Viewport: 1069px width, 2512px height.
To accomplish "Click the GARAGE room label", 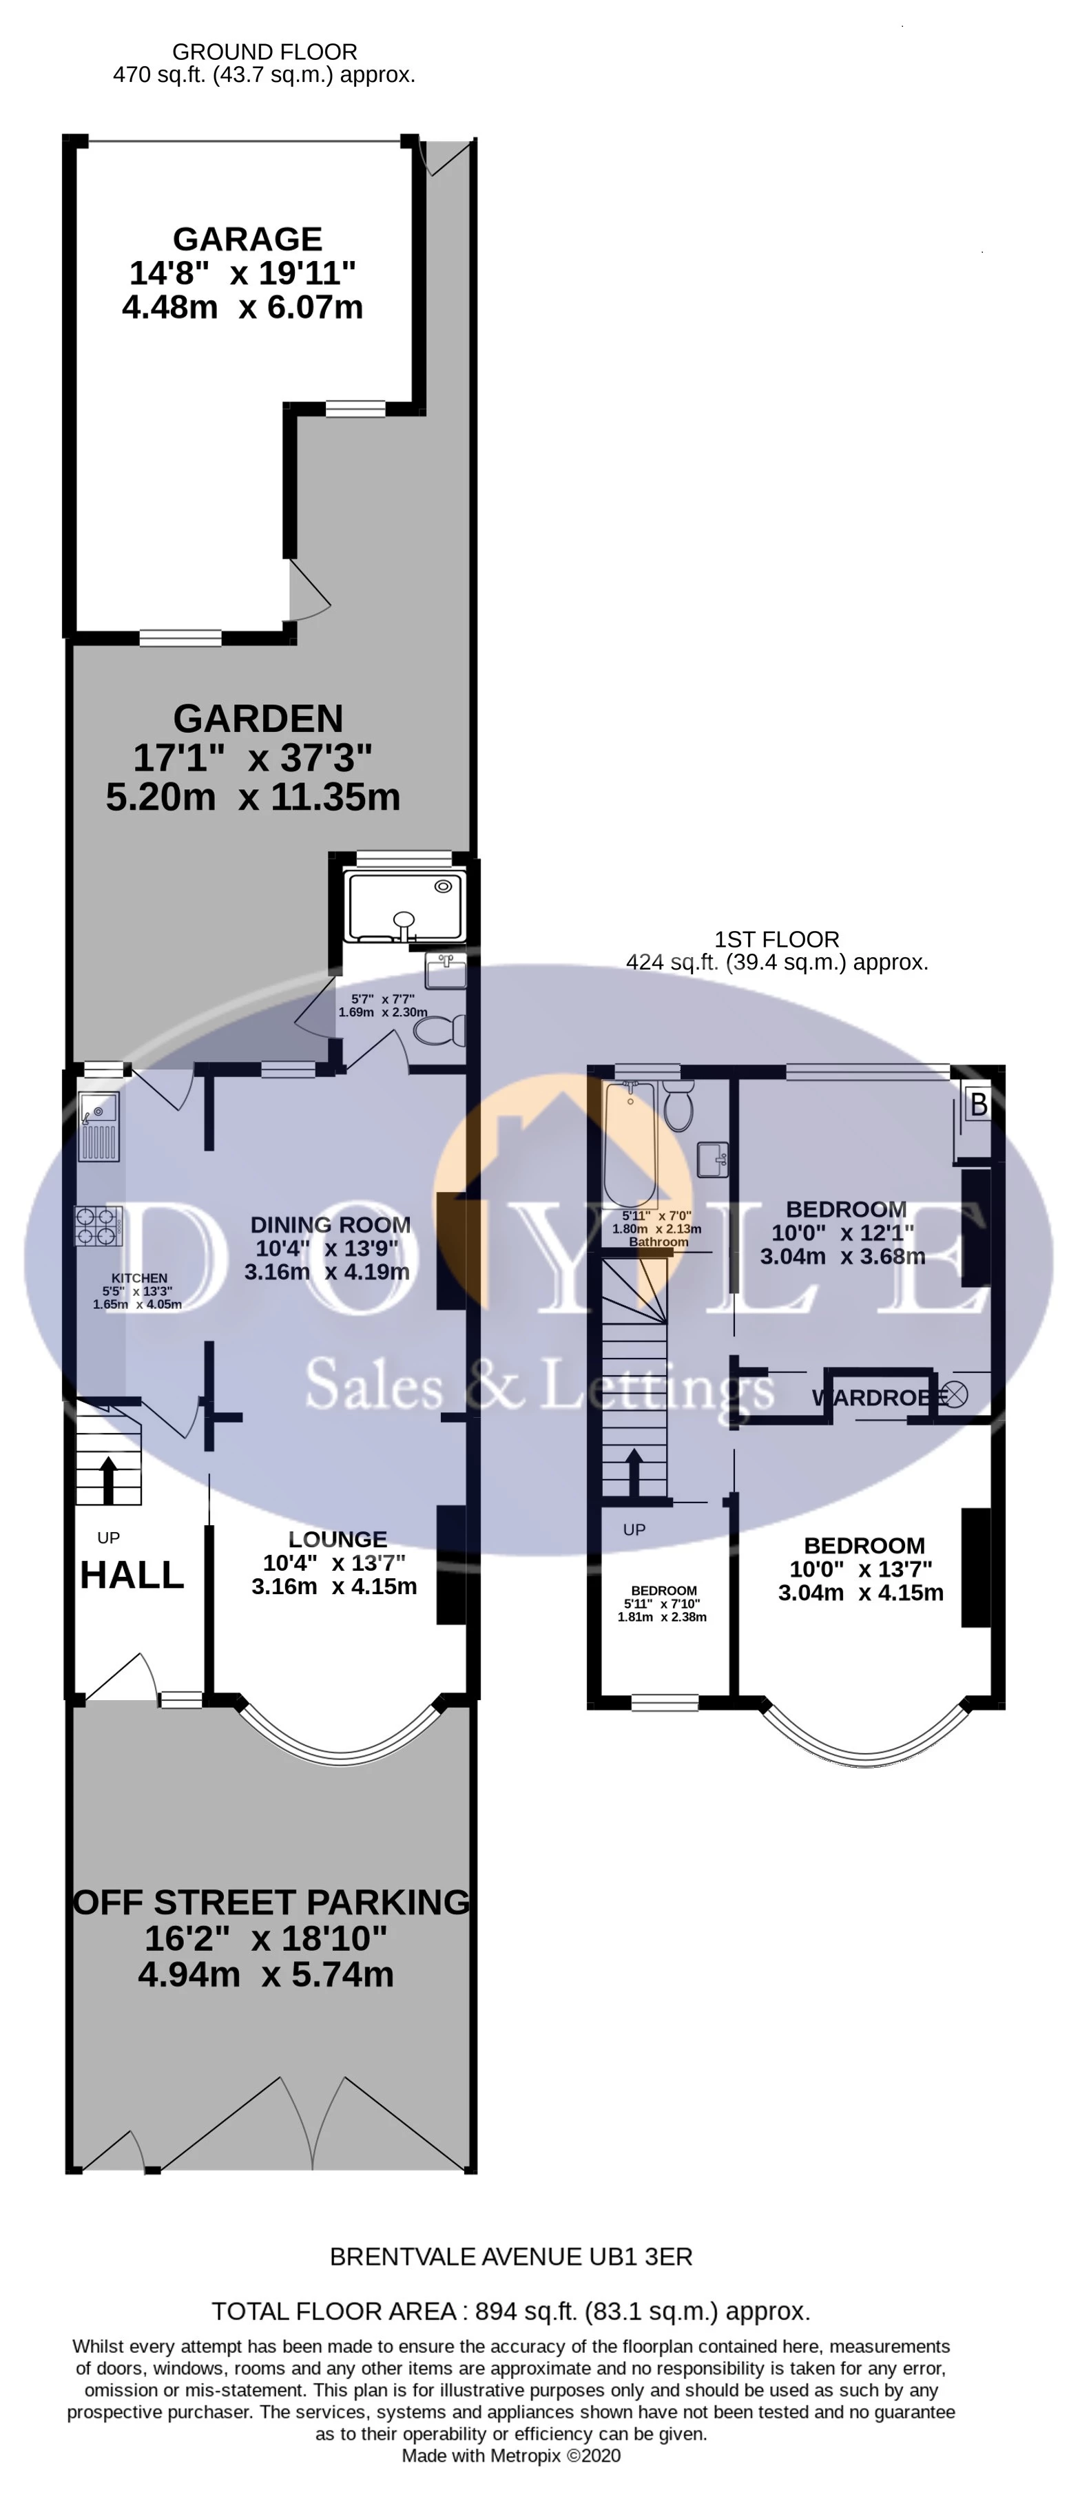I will coord(247,239).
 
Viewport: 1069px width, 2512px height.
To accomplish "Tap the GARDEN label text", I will coord(258,719).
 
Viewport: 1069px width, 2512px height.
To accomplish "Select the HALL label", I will coord(132,1574).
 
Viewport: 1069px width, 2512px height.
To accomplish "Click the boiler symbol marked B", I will coord(978,1104).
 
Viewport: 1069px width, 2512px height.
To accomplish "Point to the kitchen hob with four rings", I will coord(98,1226).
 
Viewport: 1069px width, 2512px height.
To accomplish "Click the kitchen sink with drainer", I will coord(98,1127).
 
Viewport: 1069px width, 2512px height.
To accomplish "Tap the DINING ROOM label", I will coord(330,1225).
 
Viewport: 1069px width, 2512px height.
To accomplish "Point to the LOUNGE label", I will coord(338,1539).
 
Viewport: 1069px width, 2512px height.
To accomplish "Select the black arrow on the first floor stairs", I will coord(633,1472).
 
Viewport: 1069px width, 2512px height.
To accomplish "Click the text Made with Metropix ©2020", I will coord(511,2456).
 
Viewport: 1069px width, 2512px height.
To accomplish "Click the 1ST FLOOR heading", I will coord(776,939).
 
